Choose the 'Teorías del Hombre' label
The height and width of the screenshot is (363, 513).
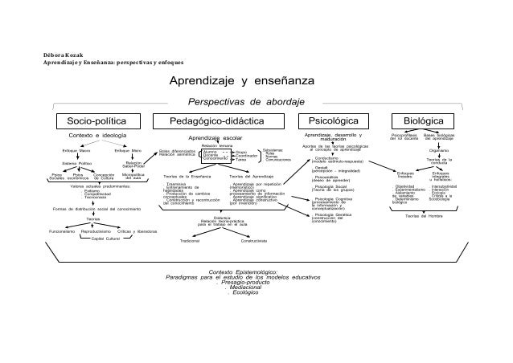pyautogui.click(x=425, y=215)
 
